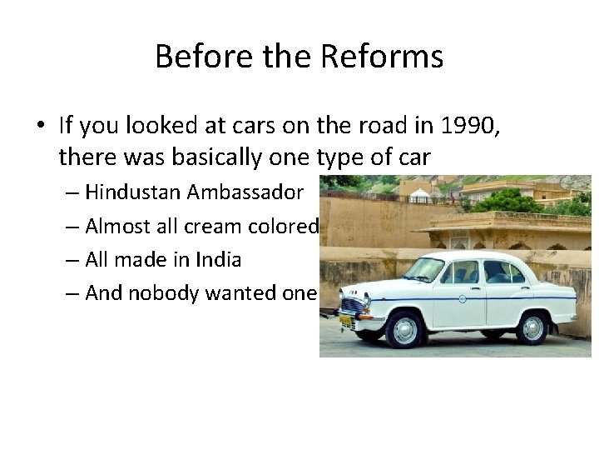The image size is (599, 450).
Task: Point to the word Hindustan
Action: pyautogui.click(x=134, y=192)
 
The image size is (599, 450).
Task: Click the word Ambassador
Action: pyautogui.click(x=245, y=192)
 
